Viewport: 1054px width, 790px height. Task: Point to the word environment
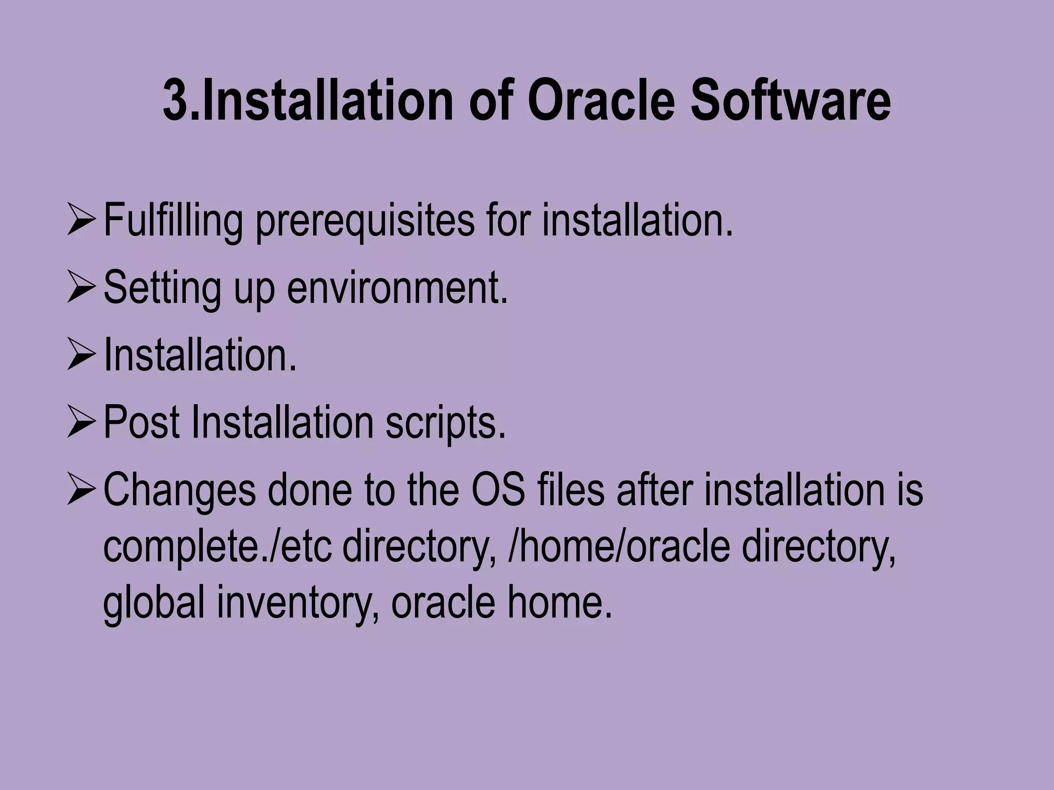point(397,288)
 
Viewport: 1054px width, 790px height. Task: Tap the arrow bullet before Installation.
point(81,356)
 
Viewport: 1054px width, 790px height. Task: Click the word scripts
point(446,423)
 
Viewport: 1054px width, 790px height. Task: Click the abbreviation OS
point(498,490)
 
